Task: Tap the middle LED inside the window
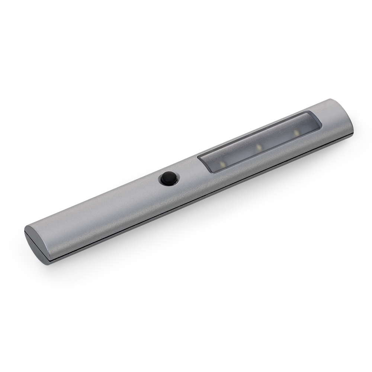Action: tap(257, 148)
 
